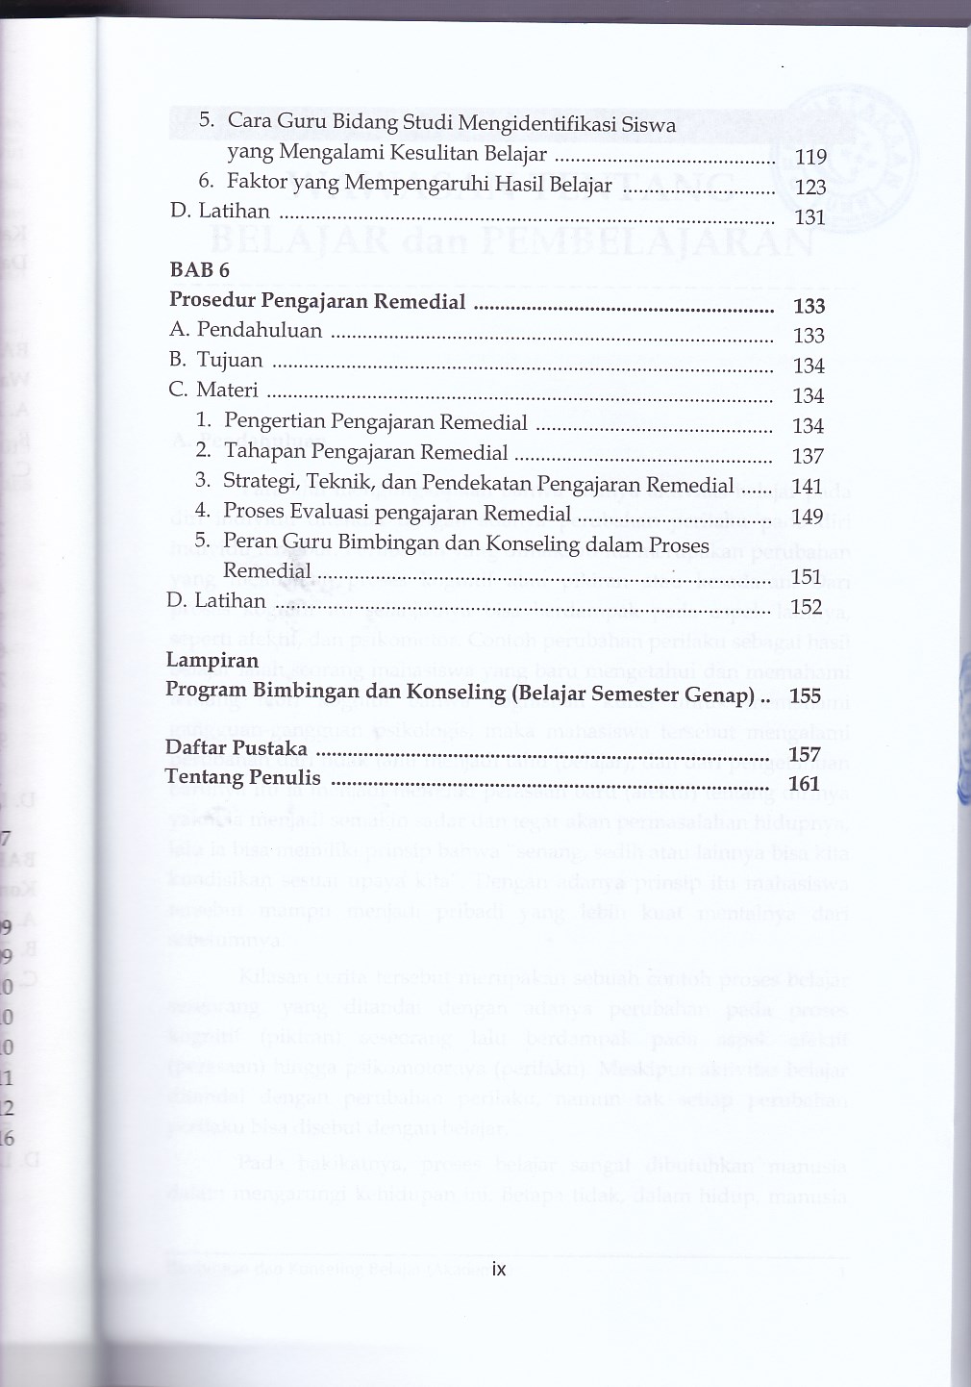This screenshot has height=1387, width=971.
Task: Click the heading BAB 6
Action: tap(200, 270)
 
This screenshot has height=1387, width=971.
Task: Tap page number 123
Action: tap(810, 188)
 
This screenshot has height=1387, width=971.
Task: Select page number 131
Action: tap(810, 217)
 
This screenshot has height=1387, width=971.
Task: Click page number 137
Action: tap(808, 456)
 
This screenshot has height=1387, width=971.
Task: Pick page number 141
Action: tap(808, 487)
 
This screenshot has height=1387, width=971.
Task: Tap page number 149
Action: tap(808, 517)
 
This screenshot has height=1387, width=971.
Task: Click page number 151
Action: tap(806, 577)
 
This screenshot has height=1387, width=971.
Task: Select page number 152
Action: tap(806, 607)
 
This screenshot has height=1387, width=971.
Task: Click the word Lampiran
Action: tap(212, 660)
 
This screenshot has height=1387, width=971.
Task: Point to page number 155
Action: tap(804, 696)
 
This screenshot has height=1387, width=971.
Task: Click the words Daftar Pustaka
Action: tap(237, 748)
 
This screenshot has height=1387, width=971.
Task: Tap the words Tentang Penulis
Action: tap(241, 777)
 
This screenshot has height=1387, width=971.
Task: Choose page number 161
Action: tap(804, 784)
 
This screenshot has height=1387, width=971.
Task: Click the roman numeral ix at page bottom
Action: tap(498, 1269)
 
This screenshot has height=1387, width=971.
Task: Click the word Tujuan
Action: tap(230, 360)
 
